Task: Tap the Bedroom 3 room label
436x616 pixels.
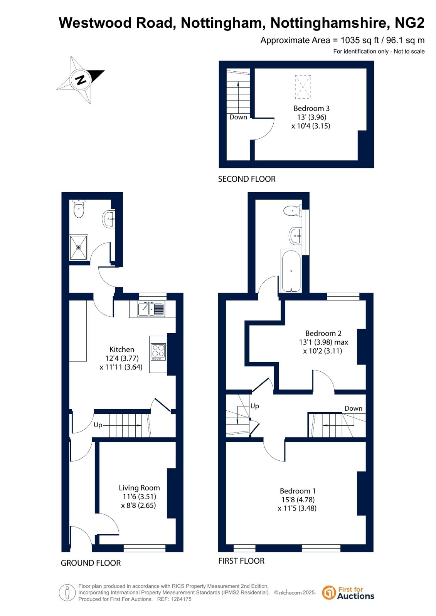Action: pos(311,108)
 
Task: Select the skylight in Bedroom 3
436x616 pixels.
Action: pos(303,87)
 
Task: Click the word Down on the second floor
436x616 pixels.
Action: pos(238,117)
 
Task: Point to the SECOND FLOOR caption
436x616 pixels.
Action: pos(247,179)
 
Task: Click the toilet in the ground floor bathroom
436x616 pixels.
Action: pos(79,209)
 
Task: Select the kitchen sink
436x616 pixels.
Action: pos(151,309)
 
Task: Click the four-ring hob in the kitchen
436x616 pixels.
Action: pos(158,352)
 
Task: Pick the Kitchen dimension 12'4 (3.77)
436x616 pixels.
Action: pos(122,358)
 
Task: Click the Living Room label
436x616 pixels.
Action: pos(139,488)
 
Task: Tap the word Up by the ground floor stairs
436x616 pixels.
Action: pos(98,425)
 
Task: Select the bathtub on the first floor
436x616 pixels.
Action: pos(291,271)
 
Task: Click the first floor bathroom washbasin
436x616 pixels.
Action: pos(296,236)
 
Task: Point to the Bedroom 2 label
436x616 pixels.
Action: pos(323,333)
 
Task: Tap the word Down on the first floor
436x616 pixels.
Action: pos(353,408)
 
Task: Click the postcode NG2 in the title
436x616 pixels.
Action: pos(409,23)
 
